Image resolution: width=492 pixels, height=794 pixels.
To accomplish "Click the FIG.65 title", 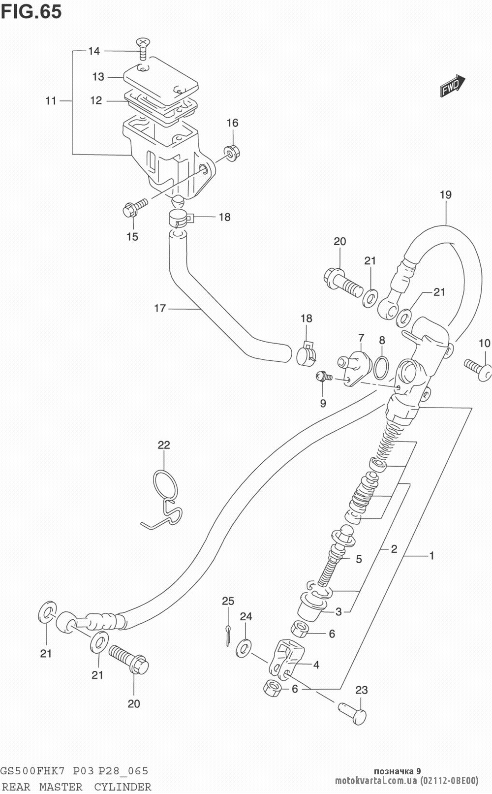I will tap(31, 11).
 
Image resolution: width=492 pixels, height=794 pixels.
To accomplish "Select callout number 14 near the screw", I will tap(93, 51).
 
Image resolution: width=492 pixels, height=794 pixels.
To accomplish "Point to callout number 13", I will tap(98, 77).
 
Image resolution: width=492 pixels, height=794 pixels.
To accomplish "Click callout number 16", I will tap(232, 123).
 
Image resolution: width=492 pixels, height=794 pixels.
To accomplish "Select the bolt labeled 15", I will tap(133, 207).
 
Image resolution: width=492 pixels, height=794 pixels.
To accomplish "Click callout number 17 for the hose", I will tap(160, 309).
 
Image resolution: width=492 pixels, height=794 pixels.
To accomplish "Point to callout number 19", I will tap(445, 195).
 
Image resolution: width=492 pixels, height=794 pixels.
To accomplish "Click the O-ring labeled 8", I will tap(381, 366).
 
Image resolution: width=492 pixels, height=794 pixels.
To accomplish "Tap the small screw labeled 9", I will tap(323, 377).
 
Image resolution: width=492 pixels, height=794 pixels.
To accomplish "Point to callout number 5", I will tap(359, 559).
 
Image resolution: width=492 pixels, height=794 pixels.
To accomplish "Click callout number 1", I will tap(431, 556).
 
